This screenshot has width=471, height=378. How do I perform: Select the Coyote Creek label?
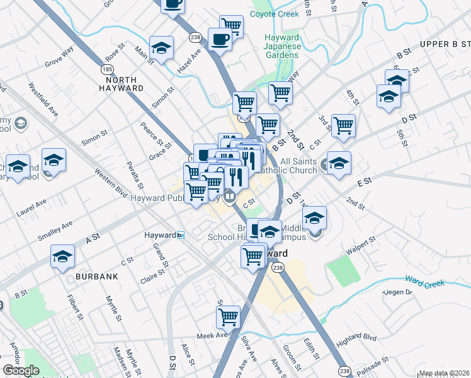coord(274,14)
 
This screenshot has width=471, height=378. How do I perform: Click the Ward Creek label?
coord(425,280)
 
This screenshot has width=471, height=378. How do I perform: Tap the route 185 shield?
coord(108,67)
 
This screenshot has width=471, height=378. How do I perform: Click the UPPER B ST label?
coord(445,44)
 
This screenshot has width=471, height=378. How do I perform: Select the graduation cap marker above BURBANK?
coord(63,256)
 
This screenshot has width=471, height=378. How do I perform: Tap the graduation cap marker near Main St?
coord(162,48)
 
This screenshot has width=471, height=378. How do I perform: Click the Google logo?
coord(21,370)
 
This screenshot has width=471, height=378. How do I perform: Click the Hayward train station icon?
coord(181,235)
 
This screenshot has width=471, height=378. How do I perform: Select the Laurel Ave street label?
coord(31,209)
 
